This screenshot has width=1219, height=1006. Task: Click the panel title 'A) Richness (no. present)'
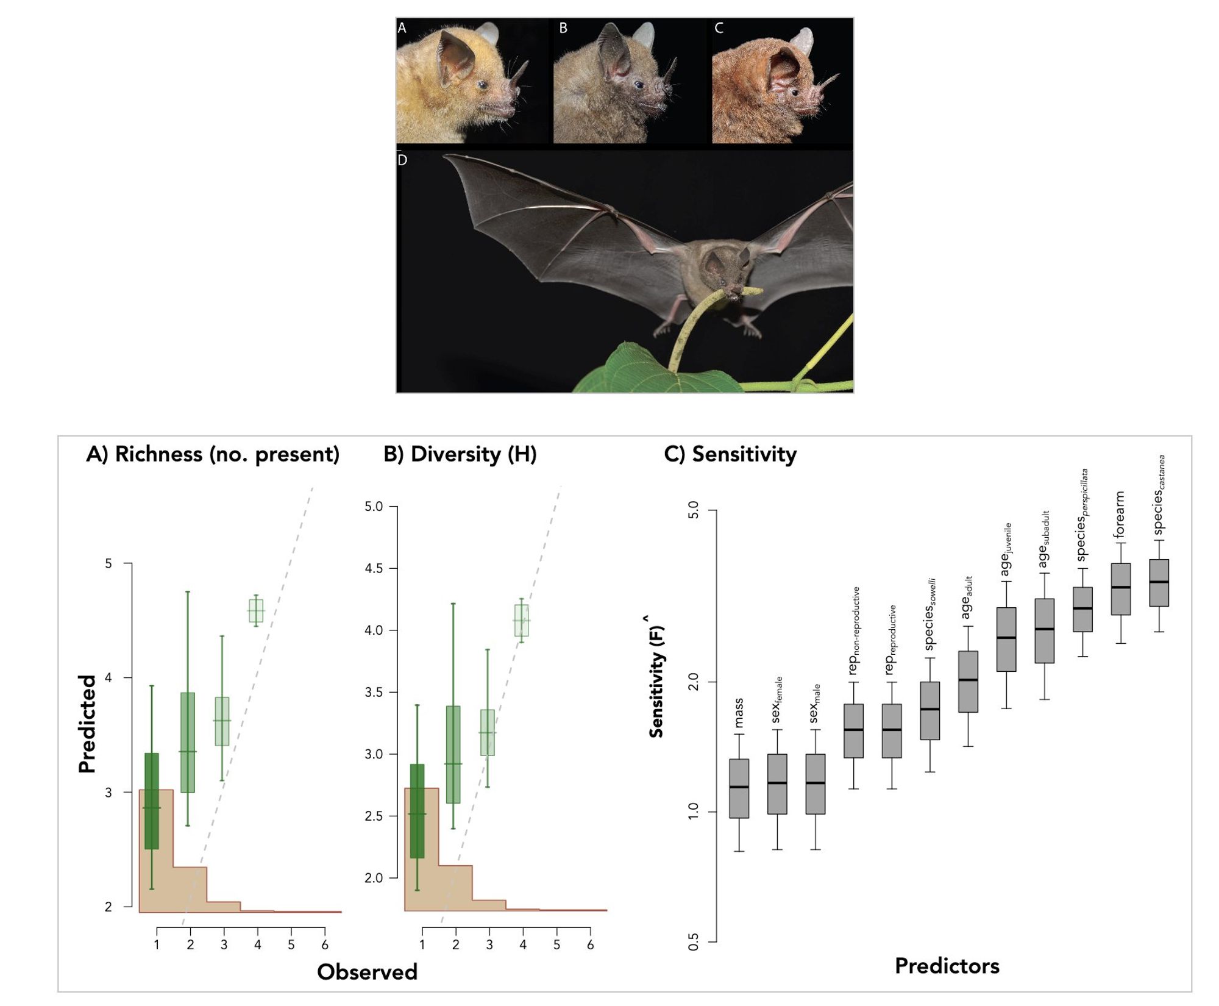point(213,454)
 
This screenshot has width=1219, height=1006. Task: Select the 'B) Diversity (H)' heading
point(460,454)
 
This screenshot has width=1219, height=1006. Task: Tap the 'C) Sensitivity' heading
point(730,454)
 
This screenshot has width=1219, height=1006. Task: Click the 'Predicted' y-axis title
point(88,724)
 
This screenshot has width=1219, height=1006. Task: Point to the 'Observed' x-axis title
point(367,972)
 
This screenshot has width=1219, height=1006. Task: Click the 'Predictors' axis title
point(947,966)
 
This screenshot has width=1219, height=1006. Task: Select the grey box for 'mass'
point(739,788)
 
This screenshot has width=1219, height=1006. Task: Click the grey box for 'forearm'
point(1120,589)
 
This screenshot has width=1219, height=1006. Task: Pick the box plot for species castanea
point(1158,582)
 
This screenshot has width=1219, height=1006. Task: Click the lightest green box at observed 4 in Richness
point(256,610)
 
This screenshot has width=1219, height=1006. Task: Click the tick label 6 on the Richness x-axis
point(325,945)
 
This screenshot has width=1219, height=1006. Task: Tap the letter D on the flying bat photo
point(402,160)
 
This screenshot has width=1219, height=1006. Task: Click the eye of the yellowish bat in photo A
point(483,85)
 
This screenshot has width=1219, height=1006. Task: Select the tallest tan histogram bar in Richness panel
point(156,851)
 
